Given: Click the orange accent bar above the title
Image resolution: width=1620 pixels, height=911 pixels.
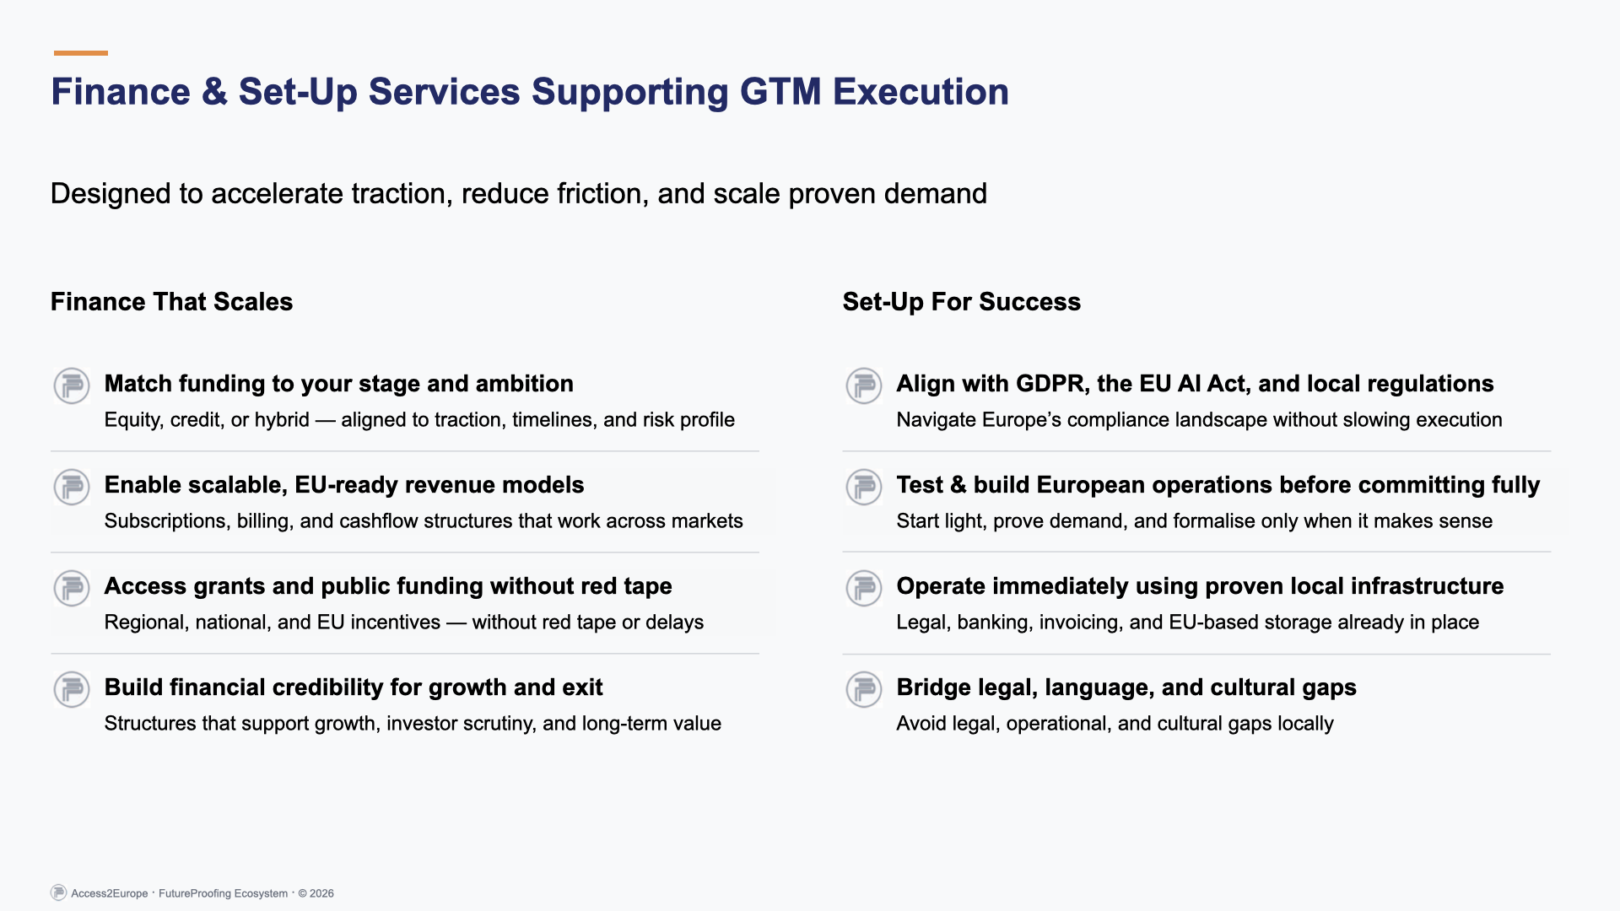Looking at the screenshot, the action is point(81,53).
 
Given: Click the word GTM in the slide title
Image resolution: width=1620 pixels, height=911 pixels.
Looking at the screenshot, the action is point(780,92).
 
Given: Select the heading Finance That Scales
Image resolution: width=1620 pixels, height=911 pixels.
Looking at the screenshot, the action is point(171,302).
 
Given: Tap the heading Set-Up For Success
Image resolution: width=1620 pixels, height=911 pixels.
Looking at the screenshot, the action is point(961,302).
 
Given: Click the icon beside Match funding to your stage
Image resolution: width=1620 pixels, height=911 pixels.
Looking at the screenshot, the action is point(72,385).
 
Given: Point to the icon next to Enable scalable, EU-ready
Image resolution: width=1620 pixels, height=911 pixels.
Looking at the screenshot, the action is point(72,487).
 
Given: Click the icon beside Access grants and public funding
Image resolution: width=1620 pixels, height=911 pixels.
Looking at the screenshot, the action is point(72,588).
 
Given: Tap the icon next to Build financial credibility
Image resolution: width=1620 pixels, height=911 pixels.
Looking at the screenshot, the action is point(72,689).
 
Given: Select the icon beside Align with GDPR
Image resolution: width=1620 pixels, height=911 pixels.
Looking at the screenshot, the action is point(864,385).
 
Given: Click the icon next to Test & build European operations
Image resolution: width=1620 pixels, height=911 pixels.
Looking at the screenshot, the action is point(864,487).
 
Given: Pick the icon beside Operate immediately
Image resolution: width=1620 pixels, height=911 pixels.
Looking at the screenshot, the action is point(864,588).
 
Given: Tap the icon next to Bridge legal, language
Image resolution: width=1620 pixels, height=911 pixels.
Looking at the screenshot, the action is point(864,689).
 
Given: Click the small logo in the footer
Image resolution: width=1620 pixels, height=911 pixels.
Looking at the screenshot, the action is point(58,892).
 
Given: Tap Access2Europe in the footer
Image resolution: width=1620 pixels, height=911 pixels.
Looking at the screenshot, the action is point(110,893).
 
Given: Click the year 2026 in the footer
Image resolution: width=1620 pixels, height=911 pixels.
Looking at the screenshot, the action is point(321,893).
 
